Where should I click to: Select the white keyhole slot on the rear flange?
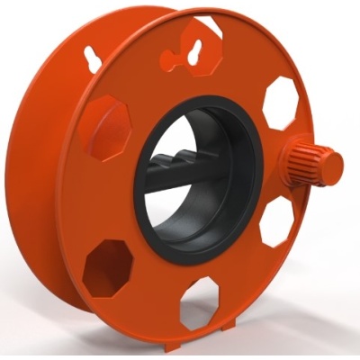pos(94,56)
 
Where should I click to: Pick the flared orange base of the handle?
pos(290,159)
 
